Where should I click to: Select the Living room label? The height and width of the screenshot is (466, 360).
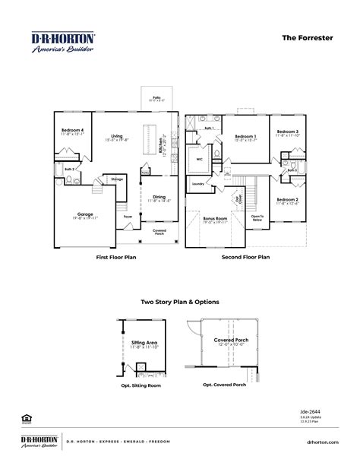[116, 137]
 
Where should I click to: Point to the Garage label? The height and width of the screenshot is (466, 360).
[85, 214]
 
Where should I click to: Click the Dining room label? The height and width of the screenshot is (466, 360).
[159, 197]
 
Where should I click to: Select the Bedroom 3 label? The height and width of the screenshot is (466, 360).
[287, 132]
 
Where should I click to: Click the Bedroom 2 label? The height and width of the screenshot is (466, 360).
[287, 200]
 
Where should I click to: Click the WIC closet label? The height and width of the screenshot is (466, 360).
[198, 160]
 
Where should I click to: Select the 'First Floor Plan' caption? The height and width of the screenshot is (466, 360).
[117, 258]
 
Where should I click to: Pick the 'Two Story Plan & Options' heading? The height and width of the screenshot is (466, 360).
[180, 302]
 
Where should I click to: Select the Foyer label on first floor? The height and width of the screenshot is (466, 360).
[128, 216]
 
